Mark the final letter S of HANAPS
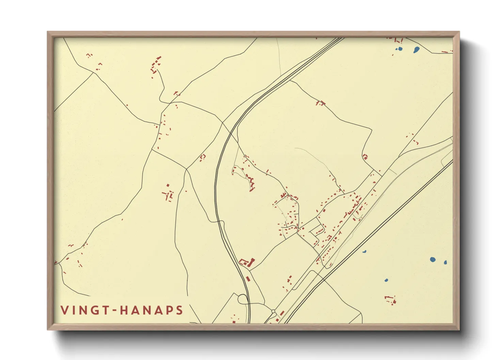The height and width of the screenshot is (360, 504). (x=179, y=310)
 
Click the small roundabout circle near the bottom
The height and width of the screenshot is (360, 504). (x=273, y=311)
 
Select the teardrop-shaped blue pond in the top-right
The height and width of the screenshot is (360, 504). (x=416, y=50)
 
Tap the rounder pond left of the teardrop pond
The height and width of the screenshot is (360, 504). (x=400, y=49)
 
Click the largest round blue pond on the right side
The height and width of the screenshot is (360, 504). (x=432, y=260)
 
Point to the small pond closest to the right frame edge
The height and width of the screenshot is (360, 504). (x=445, y=262)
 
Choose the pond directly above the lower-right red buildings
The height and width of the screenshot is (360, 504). (x=386, y=280)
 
